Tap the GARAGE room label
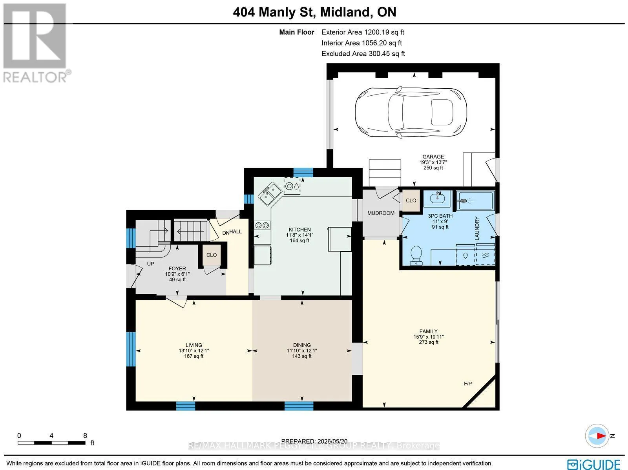(x=433, y=157)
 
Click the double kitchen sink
(x=270, y=194)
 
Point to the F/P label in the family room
(x=468, y=383)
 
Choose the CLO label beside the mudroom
(x=411, y=201)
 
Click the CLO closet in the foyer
(x=212, y=255)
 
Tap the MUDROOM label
(x=381, y=213)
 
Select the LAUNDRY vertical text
(x=476, y=228)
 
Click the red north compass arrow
(x=601, y=436)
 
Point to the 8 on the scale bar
(x=85, y=435)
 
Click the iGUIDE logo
(x=594, y=463)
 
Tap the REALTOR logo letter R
(x=35, y=36)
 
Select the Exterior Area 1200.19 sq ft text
(x=363, y=32)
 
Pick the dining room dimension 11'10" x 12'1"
(x=302, y=350)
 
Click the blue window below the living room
(x=185, y=406)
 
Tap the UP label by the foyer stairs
(x=150, y=264)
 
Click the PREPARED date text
(x=314, y=441)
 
